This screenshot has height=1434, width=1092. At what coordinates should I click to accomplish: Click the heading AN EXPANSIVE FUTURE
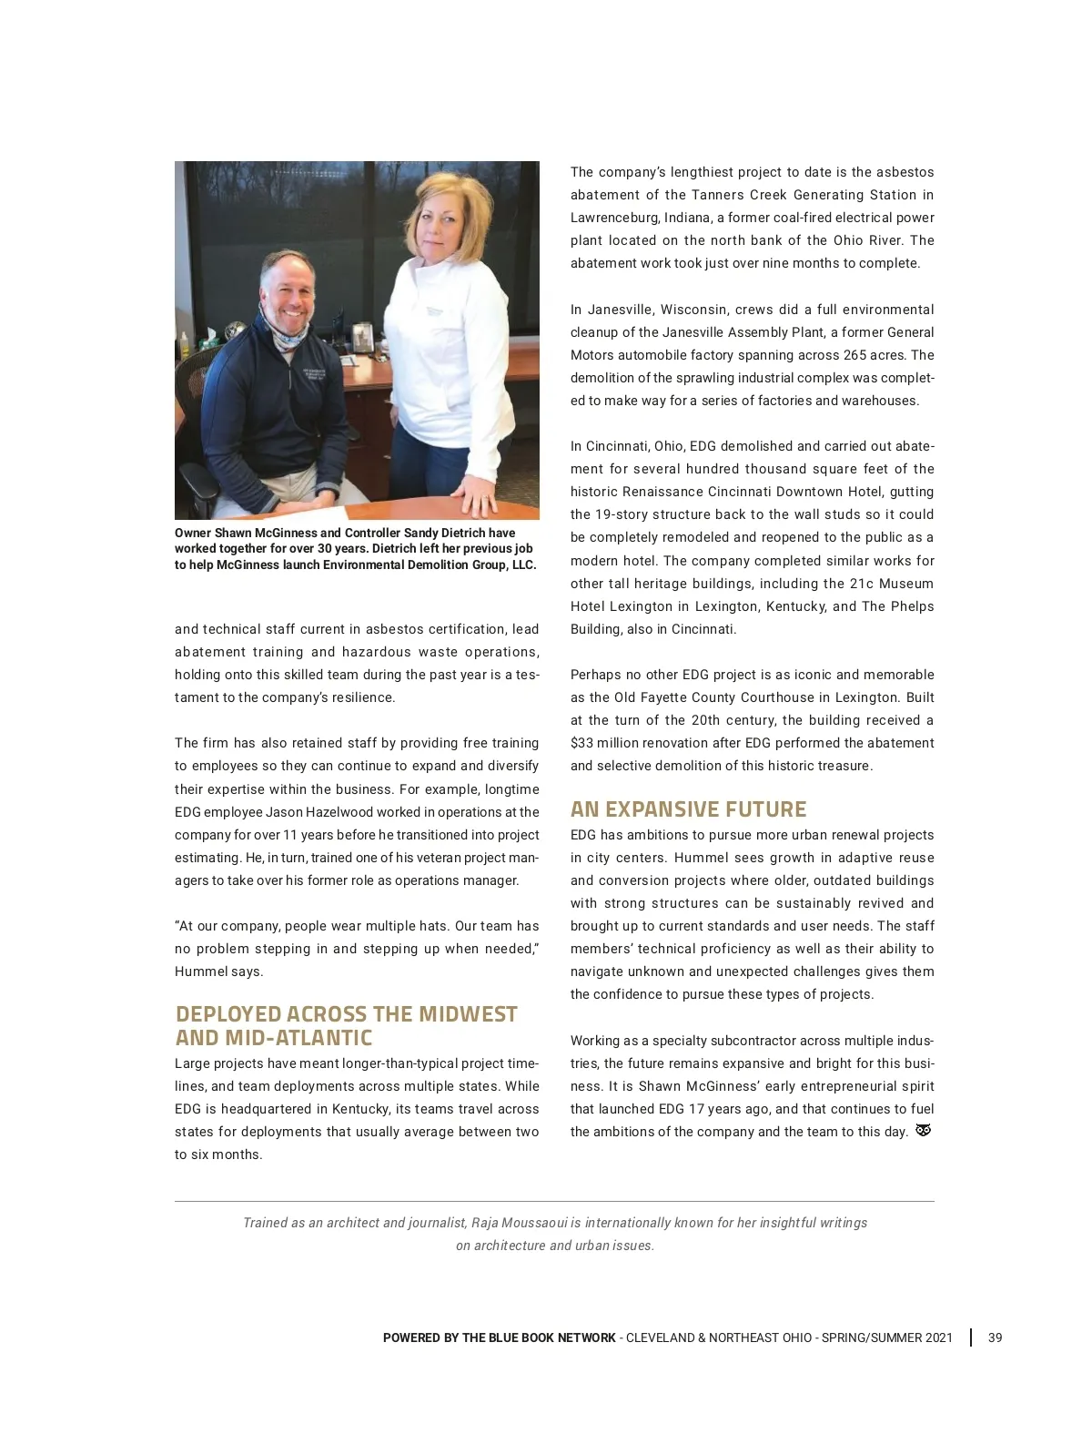coord(688,809)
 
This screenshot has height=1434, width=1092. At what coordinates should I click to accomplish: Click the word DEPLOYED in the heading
coord(228,1014)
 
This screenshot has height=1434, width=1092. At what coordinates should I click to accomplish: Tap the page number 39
coord(995,1337)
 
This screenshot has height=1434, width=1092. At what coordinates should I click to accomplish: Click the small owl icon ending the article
coord(923,1131)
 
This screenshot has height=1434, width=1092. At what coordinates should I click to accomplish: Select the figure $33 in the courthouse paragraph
coord(582,743)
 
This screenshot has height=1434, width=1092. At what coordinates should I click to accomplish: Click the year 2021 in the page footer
coord(939,1337)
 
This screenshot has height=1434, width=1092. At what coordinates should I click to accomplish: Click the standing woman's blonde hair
coord(444,205)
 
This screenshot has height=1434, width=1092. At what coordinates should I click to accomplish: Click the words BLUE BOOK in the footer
coord(518,1337)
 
